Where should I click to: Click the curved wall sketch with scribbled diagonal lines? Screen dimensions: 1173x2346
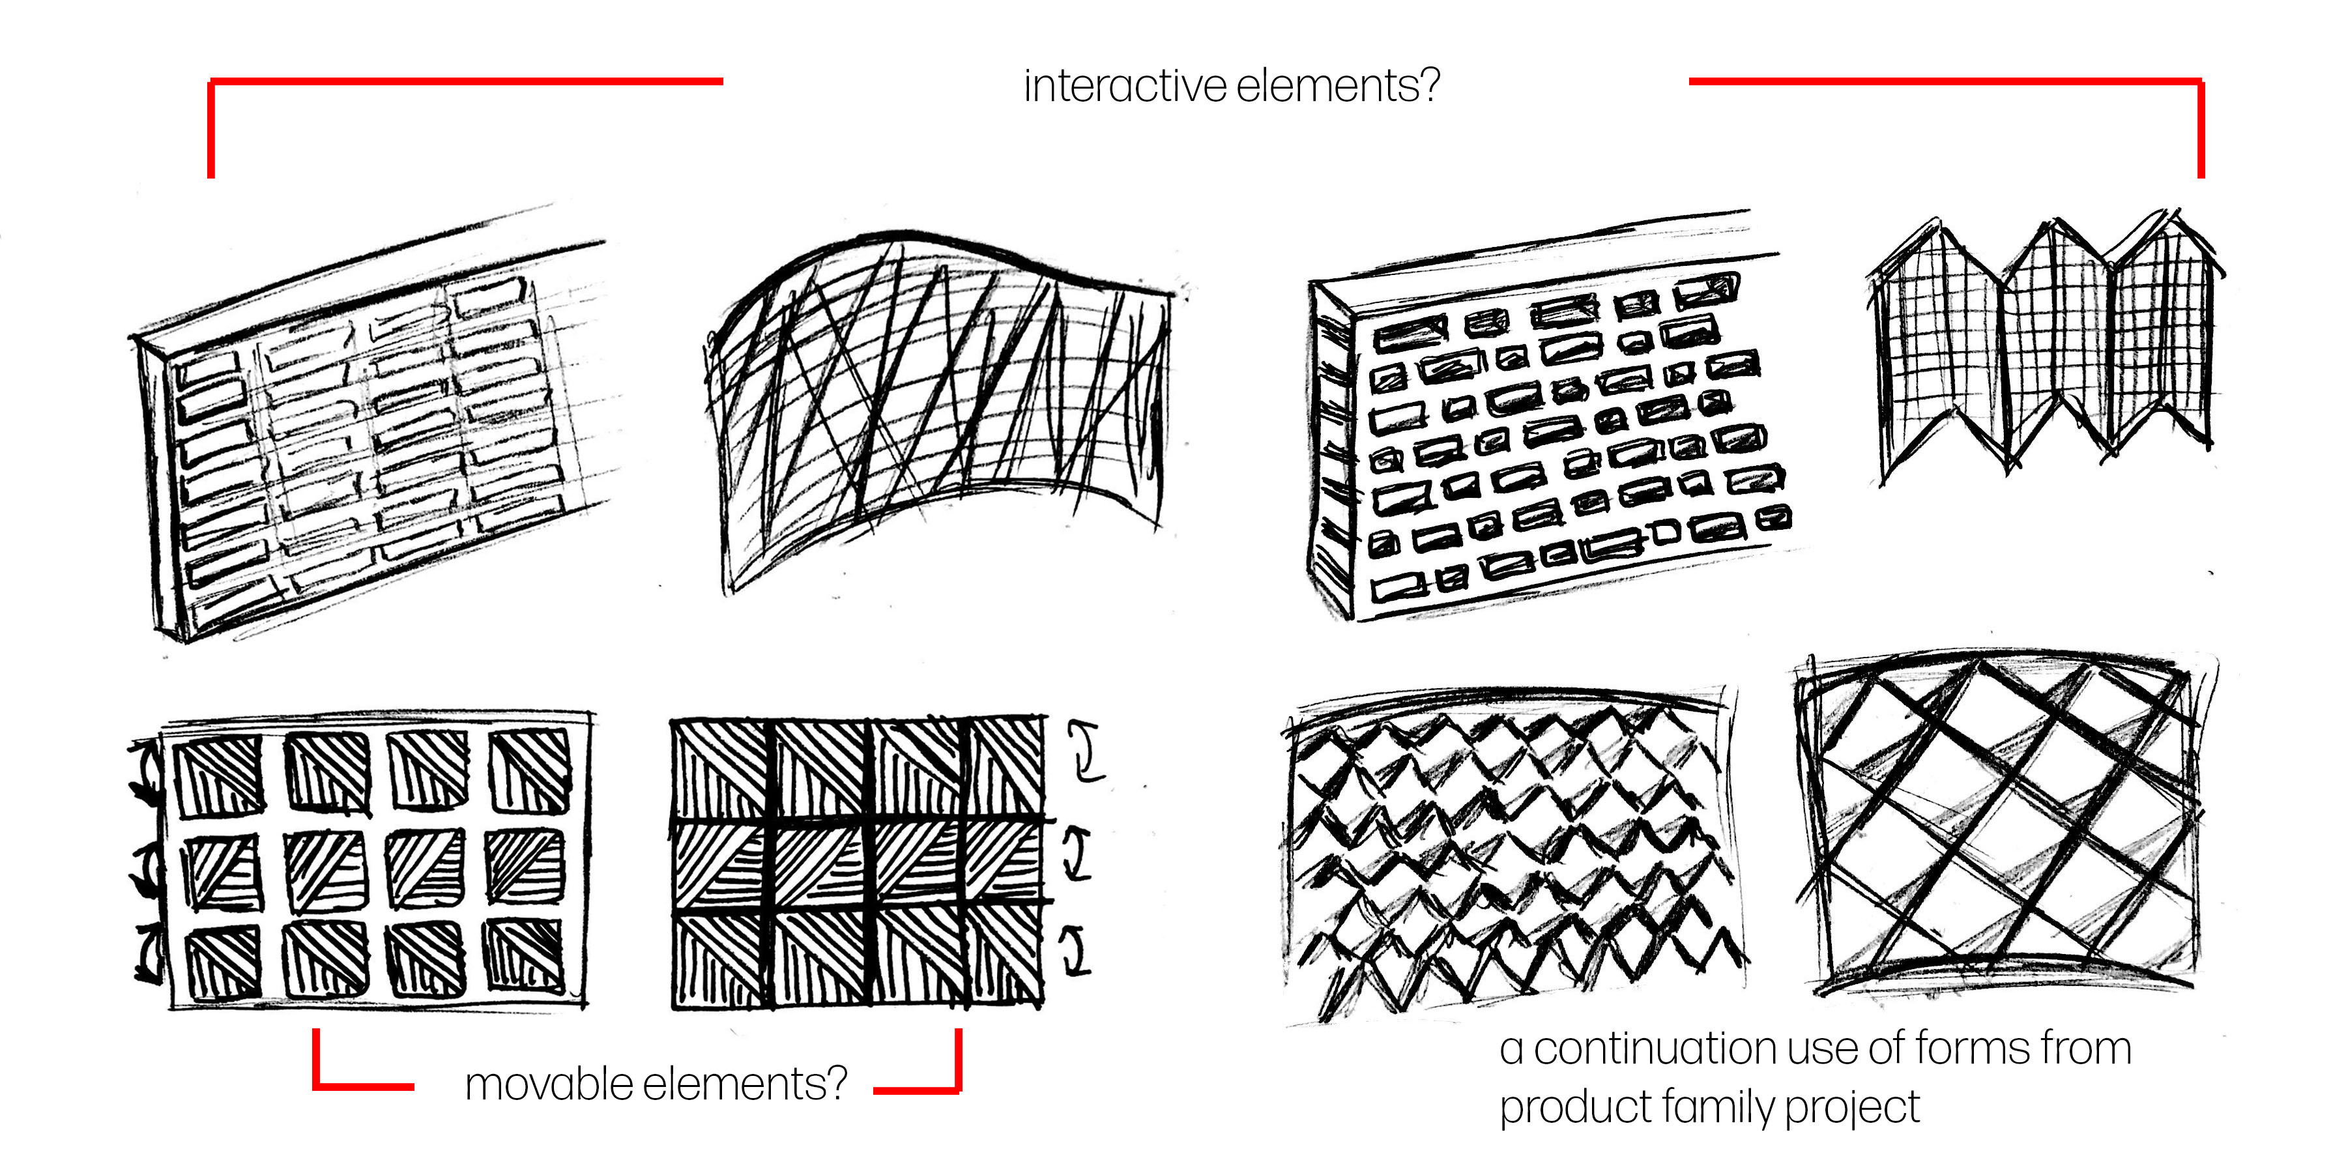(938, 401)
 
